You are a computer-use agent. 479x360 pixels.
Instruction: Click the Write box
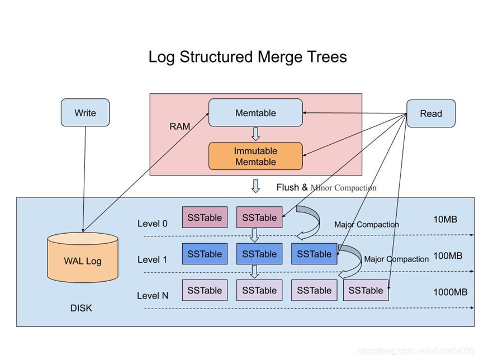(x=85, y=112)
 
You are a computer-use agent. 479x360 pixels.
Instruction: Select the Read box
(x=430, y=113)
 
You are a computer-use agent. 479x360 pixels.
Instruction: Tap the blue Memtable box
(x=255, y=112)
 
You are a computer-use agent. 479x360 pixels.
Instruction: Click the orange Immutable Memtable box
(x=255, y=156)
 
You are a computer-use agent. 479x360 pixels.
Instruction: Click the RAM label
(x=179, y=127)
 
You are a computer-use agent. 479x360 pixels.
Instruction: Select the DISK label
(x=81, y=308)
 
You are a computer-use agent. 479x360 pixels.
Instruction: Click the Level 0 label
(x=153, y=224)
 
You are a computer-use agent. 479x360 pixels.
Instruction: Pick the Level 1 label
(x=153, y=259)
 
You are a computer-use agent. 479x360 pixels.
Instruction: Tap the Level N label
(x=153, y=295)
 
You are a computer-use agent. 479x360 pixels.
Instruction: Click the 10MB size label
(x=445, y=219)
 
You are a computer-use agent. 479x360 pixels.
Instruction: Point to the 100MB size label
(x=447, y=255)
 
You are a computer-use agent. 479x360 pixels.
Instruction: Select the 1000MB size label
(x=450, y=292)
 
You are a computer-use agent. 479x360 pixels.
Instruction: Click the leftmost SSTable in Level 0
(x=205, y=217)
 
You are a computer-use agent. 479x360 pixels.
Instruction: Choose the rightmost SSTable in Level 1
(x=314, y=254)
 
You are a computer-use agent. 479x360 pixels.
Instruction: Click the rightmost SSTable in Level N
(x=366, y=290)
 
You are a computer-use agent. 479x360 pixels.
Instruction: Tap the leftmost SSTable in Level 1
(x=205, y=254)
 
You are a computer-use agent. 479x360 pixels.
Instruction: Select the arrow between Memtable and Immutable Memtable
(x=255, y=134)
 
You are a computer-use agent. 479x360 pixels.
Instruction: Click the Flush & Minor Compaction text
(x=326, y=188)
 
